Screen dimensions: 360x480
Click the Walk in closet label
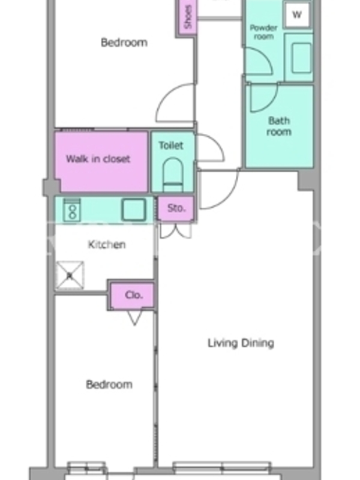98,159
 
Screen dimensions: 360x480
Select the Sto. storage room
176,208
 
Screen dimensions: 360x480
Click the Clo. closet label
134,295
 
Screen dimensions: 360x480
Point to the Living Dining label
241,343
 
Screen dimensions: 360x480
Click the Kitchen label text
107,245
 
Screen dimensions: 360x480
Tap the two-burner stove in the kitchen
72,209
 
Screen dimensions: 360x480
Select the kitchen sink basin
134,209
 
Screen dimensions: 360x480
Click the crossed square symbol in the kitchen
70,275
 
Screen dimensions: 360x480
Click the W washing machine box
297,14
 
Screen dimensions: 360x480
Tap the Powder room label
263,32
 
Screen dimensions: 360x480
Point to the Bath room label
279,126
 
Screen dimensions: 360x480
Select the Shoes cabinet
187,17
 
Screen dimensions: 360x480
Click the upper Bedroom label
124,42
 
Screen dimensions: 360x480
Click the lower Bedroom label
109,385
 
